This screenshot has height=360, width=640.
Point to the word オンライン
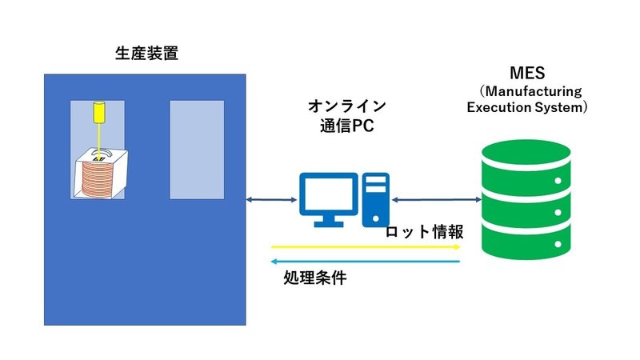346,106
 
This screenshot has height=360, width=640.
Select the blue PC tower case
375,199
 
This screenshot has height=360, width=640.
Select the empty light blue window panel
197,150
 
